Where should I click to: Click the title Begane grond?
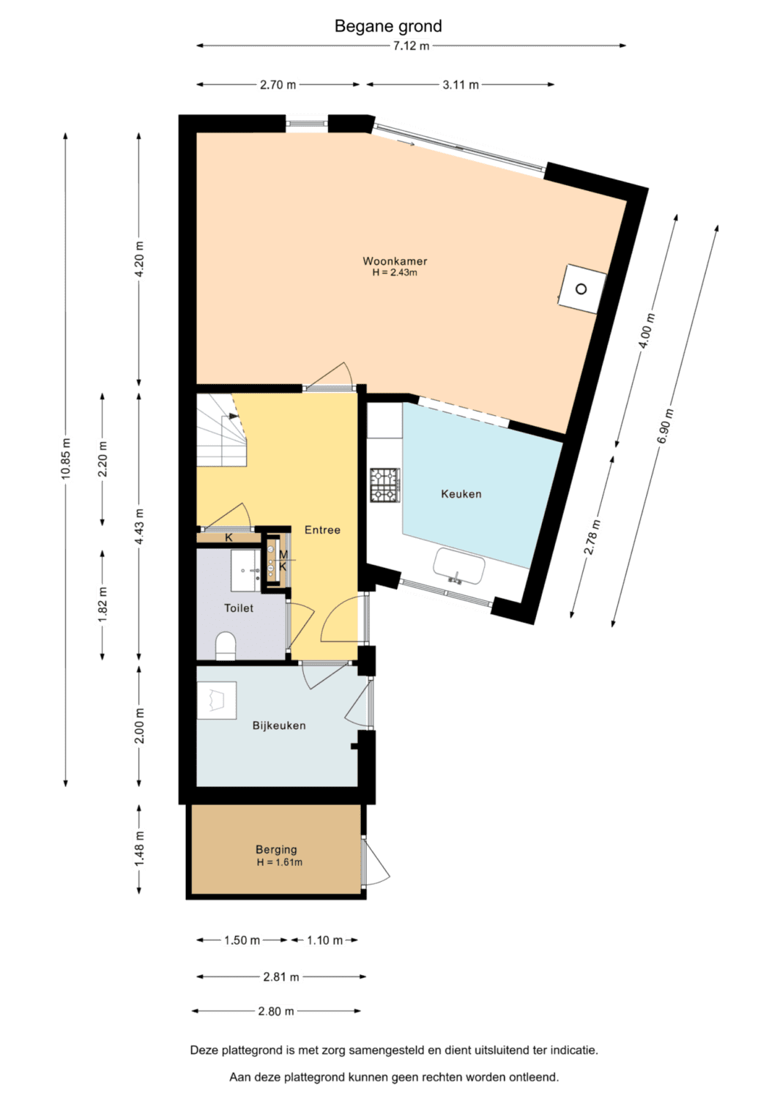[x=388, y=26]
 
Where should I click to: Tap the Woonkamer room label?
[x=395, y=261]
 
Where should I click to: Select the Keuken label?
[x=461, y=493]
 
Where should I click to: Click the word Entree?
[x=322, y=530]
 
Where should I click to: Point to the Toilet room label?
[x=239, y=608]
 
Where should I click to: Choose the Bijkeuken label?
[x=279, y=725]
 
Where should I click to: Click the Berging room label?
[x=276, y=849]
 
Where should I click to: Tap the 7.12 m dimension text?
[x=411, y=46]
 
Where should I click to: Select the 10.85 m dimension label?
[x=66, y=457]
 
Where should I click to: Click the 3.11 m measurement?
[x=461, y=85]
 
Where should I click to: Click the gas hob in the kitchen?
[x=385, y=485]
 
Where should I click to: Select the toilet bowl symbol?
[x=226, y=646]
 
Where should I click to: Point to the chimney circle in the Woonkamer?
[x=581, y=288]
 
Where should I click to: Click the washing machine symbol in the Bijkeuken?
[x=217, y=701]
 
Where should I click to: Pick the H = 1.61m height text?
[x=280, y=862]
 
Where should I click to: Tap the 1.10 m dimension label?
[x=324, y=940]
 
